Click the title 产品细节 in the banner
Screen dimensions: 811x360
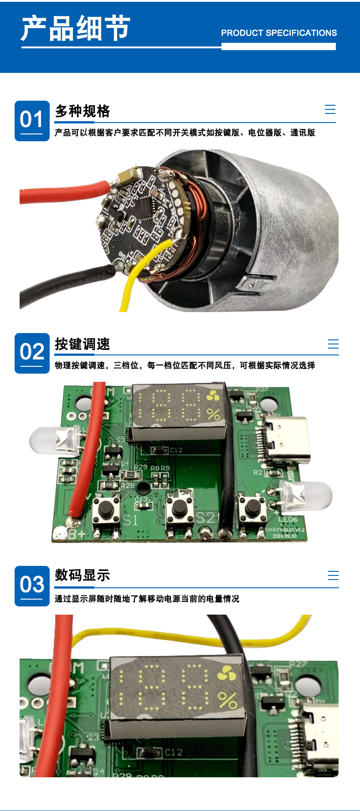click(76, 28)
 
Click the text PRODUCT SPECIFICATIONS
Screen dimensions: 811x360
click(279, 33)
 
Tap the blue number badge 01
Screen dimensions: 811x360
click(32, 121)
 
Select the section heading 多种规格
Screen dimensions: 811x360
click(82, 111)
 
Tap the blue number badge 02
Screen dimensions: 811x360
click(32, 353)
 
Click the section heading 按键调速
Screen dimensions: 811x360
click(82, 344)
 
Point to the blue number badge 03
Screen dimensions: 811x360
click(32, 586)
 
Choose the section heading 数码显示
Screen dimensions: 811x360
click(82, 575)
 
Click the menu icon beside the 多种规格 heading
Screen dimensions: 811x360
click(330, 109)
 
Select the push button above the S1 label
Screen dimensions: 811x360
click(107, 508)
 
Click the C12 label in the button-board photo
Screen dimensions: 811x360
click(176, 450)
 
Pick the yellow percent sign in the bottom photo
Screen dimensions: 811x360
click(227, 700)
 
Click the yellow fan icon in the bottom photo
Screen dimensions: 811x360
click(226, 673)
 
